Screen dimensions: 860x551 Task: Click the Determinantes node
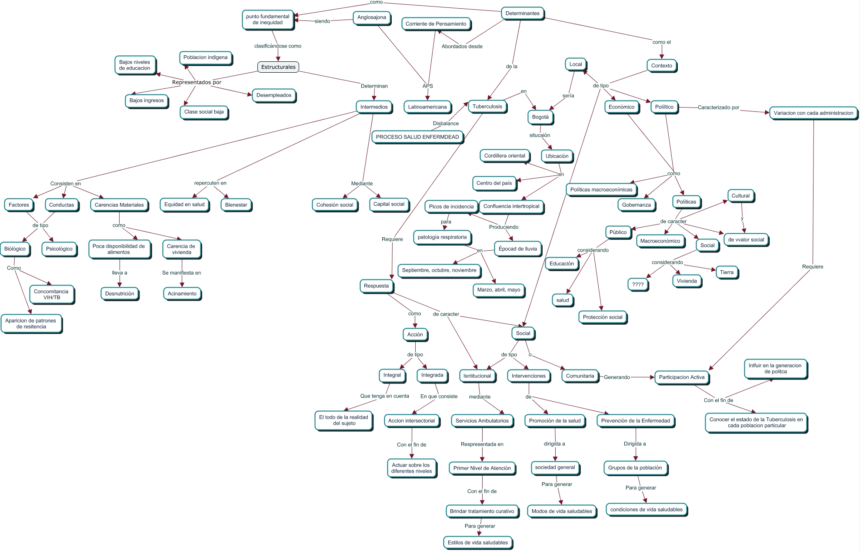click(x=522, y=13)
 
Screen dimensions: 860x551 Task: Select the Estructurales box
click(x=278, y=67)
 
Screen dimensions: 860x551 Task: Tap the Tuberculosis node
click(x=487, y=107)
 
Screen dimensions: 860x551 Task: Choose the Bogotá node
click(x=540, y=117)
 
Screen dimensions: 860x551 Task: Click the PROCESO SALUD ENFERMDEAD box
click(x=417, y=137)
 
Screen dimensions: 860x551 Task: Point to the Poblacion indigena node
click(x=205, y=57)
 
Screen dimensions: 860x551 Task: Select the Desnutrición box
click(x=120, y=294)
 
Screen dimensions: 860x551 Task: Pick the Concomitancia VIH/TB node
click(x=51, y=295)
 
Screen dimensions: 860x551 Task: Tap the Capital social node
click(x=389, y=204)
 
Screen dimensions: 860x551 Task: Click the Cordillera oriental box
click(x=504, y=156)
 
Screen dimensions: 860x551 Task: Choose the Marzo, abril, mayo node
click(x=498, y=290)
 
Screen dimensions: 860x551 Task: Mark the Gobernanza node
click(x=636, y=205)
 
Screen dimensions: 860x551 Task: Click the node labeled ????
click(x=638, y=285)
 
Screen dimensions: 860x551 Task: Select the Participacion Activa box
click(x=681, y=377)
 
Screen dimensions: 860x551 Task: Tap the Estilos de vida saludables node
click(x=477, y=543)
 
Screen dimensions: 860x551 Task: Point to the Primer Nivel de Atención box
click(x=482, y=468)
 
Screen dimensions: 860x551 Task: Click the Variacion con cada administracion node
click(x=813, y=113)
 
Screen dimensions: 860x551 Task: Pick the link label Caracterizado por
click(x=718, y=108)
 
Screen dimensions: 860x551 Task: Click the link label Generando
click(x=617, y=377)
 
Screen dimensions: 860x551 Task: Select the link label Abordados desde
click(x=462, y=47)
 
